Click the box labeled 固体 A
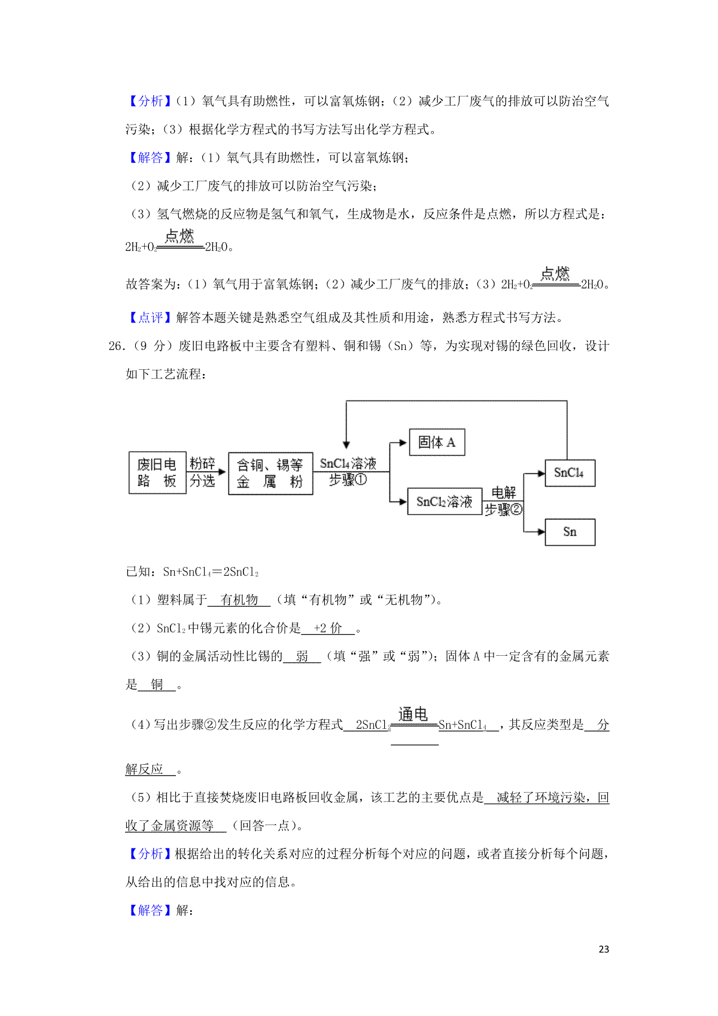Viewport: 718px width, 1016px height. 436,443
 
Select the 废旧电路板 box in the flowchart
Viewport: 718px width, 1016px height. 157,473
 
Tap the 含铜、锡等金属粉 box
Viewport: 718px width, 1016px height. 270,473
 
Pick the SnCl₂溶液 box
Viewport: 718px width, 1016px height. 445,501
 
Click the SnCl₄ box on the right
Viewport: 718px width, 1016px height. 570,473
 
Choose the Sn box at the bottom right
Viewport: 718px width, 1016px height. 570,532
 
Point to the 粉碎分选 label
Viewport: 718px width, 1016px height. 202,472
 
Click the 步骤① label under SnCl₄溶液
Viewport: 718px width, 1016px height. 348,480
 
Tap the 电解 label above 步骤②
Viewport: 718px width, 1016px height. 503,492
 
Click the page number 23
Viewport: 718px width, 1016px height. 604,949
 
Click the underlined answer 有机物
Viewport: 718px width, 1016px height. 239,600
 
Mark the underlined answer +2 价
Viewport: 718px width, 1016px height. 328,628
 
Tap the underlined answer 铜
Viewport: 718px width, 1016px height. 157,685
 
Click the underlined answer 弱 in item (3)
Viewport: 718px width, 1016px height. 302,656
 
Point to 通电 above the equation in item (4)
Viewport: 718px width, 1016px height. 413,714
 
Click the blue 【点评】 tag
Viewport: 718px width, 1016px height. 150,318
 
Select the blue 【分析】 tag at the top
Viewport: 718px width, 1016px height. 150,101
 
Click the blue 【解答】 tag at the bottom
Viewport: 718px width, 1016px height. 150,910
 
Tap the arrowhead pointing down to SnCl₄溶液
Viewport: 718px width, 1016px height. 346,443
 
